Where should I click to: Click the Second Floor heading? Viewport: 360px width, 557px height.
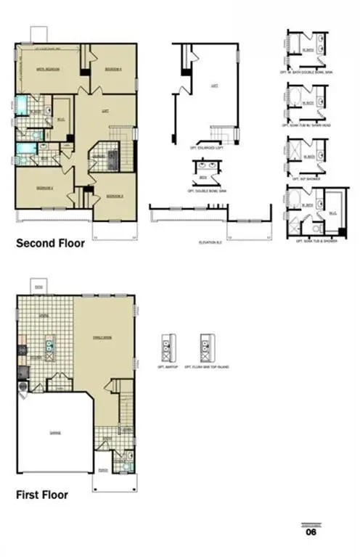[50, 244]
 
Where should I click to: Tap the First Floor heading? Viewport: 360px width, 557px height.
[42, 495]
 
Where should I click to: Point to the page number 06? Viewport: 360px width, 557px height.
[311, 532]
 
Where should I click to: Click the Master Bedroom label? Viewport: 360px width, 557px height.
[48, 70]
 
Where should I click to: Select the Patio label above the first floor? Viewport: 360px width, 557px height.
[39, 288]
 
